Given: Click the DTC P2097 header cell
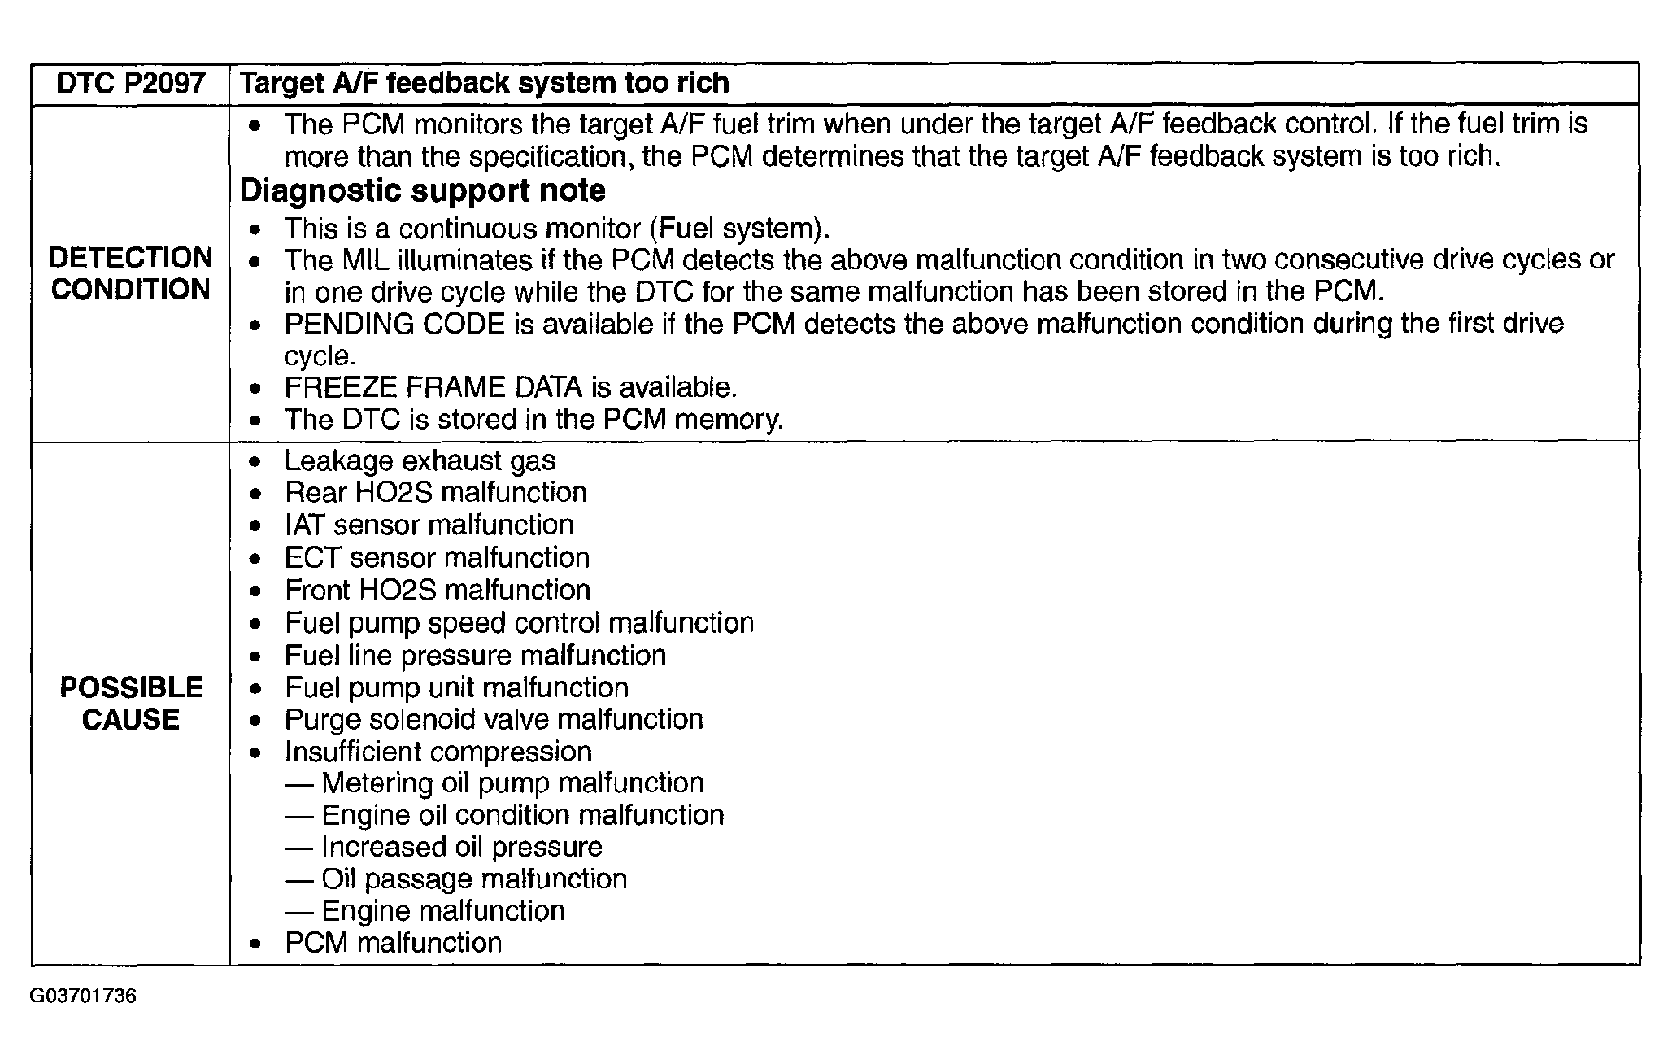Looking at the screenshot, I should (130, 84).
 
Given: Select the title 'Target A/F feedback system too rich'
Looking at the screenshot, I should (485, 83).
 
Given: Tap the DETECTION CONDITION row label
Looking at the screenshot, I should (130, 273).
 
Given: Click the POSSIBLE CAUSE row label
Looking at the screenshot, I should (130, 704).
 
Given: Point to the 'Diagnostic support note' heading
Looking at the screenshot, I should (423, 190).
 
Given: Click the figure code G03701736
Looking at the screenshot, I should (83, 996).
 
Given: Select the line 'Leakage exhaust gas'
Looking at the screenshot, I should (420, 461).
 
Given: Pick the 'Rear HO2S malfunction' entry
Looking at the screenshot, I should (435, 493).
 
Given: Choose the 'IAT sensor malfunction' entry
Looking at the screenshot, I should (429, 525).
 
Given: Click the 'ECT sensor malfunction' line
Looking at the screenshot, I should (437, 558).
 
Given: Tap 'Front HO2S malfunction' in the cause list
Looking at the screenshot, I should (438, 590).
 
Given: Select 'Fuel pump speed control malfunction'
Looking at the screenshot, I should (519, 623).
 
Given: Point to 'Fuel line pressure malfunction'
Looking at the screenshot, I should (475, 656).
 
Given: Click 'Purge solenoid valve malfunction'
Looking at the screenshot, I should (494, 720).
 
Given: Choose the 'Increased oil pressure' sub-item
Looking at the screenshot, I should (461, 848).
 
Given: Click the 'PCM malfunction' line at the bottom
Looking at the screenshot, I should (393, 943).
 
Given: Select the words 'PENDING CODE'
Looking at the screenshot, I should (394, 324).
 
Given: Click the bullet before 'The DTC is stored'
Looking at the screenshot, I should (256, 421).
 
